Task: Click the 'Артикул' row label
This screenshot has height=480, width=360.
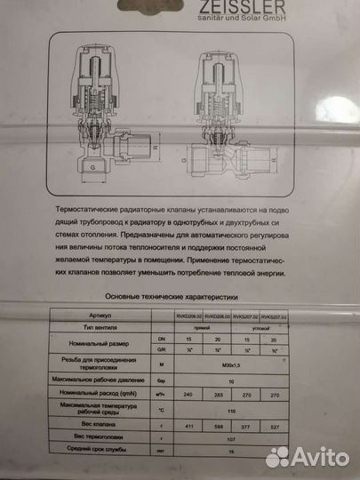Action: [105, 316]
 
